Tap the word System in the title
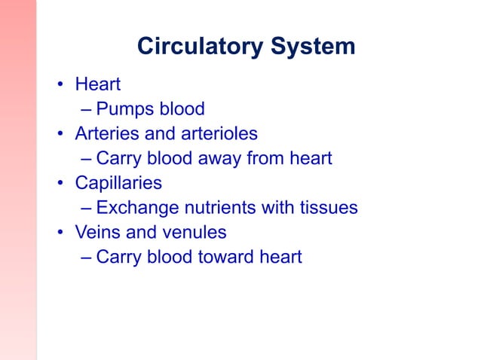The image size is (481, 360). [309, 47]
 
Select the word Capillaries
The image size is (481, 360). [118, 184]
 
